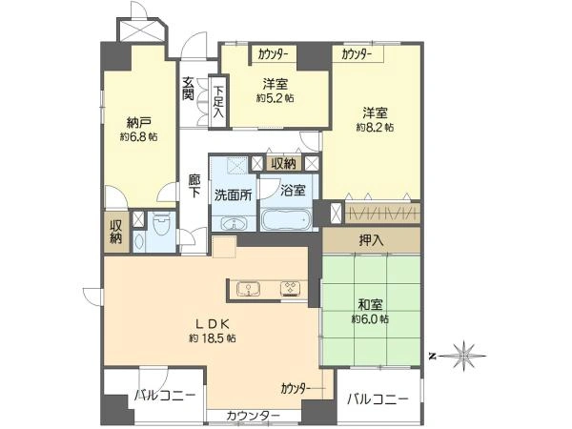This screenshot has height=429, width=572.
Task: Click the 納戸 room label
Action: coord(139,123)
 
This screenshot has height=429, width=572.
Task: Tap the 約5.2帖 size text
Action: coord(275,98)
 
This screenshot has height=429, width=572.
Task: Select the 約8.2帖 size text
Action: coord(374,127)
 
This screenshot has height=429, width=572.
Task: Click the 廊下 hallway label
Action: coord(194,186)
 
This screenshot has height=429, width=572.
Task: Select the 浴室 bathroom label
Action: coord(294,190)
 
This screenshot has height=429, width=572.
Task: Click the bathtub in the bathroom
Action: coord(286,220)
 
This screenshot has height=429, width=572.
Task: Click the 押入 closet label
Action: coord(371,240)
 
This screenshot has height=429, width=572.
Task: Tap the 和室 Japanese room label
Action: coord(371,305)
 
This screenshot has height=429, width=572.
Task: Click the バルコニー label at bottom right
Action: coord(378,398)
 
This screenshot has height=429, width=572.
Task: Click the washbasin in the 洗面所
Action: coord(234,224)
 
